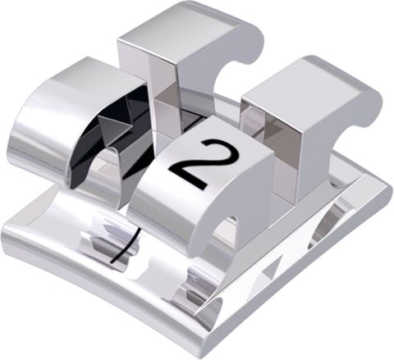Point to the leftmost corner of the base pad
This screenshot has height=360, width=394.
pyautogui.click(x=7, y=234)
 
